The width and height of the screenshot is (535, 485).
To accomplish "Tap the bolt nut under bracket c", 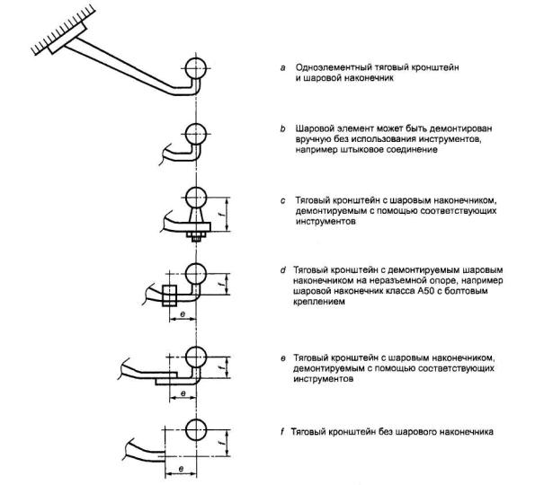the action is [x=196, y=234].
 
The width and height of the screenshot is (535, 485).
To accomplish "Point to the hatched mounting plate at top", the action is [x=67, y=39].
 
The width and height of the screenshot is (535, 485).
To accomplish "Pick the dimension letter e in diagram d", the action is [x=183, y=314].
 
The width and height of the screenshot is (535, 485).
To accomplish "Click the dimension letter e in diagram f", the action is [x=181, y=469].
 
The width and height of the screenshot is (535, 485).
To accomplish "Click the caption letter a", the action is [x=282, y=68].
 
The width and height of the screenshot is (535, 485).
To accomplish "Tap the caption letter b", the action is [x=282, y=128].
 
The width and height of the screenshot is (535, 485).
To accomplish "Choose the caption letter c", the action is [x=282, y=200].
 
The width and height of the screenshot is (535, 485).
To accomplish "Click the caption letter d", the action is [x=282, y=270].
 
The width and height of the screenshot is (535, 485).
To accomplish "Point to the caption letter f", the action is [x=282, y=432].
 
